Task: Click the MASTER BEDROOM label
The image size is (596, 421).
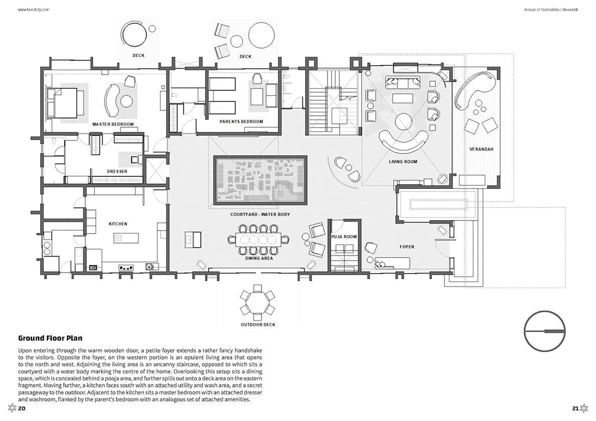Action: pyautogui.click(x=113, y=124)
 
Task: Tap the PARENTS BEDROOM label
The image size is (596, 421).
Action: pyautogui.click(x=241, y=121)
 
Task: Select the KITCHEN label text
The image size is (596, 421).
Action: pyautogui.click(x=118, y=224)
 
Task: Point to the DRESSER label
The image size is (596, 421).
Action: pyautogui.click(x=117, y=171)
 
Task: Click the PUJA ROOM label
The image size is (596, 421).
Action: pyautogui.click(x=344, y=237)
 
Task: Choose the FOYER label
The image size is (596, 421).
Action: pyautogui.click(x=407, y=247)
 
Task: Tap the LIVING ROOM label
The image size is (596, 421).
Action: pyautogui.click(x=403, y=162)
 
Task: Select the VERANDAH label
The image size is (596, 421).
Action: pyautogui.click(x=481, y=149)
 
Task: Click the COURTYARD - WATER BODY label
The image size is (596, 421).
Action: pyautogui.click(x=260, y=215)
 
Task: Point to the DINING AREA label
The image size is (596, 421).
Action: pyautogui.click(x=259, y=258)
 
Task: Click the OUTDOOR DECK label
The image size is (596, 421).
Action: pyautogui.click(x=258, y=325)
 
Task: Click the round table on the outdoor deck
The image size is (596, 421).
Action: pyautogui.click(x=258, y=302)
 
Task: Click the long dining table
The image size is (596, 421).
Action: pyautogui.click(x=259, y=239)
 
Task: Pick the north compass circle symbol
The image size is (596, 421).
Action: pyautogui.click(x=545, y=331)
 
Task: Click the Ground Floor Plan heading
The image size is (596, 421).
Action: pyautogui.click(x=50, y=338)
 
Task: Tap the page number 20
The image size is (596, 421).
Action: pyautogui.click(x=22, y=408)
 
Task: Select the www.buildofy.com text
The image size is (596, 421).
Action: pyautogui.click(x=34, y=10)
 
